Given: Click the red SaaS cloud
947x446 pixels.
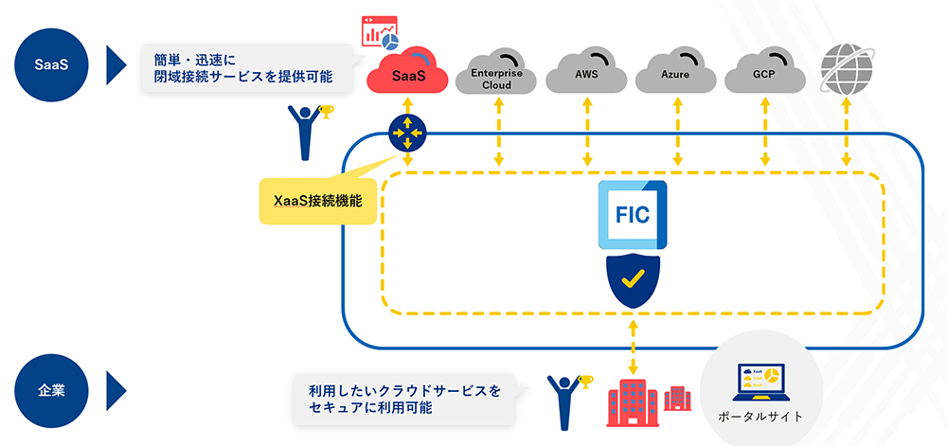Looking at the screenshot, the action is click(407, 71).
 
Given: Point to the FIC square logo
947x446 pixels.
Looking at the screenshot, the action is click(633, 215).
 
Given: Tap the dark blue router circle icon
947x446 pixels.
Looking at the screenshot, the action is click(407, 133).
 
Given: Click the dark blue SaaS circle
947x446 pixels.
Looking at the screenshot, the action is click(52, 64).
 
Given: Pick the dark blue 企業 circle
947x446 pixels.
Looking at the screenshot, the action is click(52, 390).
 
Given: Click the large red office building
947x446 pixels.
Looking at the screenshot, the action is click(633, 404).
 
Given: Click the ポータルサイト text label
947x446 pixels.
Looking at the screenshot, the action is click(761, 417).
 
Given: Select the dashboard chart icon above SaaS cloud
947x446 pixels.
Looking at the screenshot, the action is click(379, 31).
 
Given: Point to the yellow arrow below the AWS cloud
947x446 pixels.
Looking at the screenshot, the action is click(586, 133).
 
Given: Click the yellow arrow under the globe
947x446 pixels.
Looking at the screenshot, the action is click(847, 133).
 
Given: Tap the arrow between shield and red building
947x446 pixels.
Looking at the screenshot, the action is click(633, 348).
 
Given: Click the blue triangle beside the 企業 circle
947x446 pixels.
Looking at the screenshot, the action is click(116, 390).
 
